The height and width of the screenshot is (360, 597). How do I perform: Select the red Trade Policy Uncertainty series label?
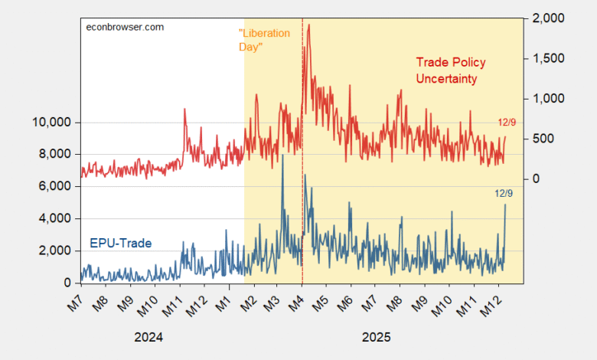pos(451,70)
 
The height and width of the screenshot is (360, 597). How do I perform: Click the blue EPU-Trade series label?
pos(121,244)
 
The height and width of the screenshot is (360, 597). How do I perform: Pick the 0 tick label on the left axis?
pos(68,283)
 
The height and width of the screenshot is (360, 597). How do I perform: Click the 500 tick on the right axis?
pos(540,139)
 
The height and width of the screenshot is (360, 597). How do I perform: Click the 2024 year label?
pos(148,337)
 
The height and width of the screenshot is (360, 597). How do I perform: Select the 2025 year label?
pos(377,337)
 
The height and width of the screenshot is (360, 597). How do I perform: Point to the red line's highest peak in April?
pos(308,25)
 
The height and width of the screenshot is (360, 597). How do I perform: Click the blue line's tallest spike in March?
pos(282,155)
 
